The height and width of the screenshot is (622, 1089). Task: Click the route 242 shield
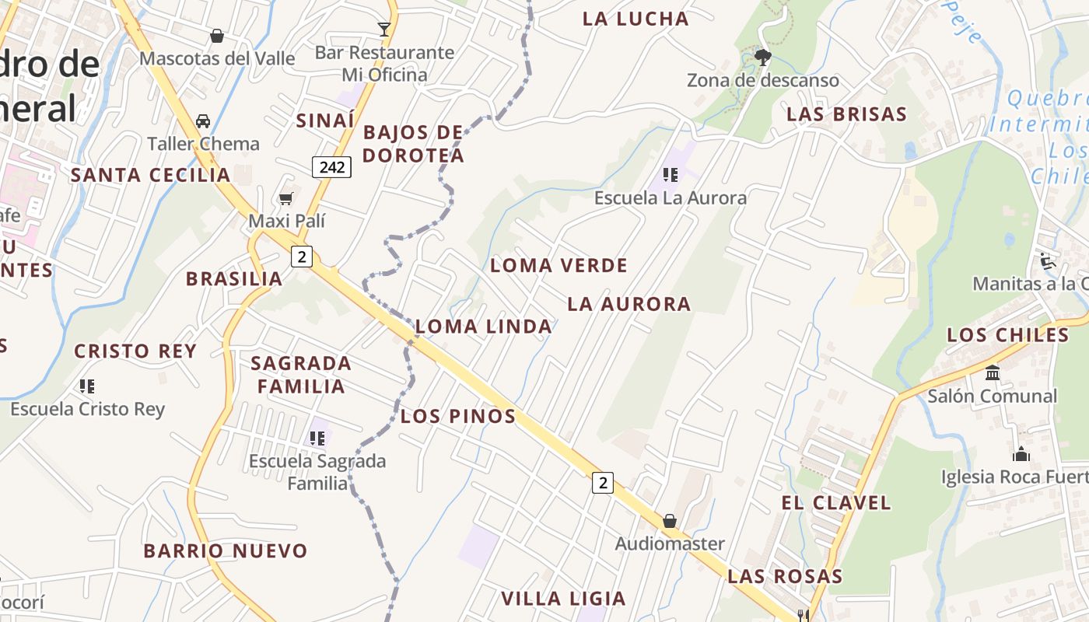click(x=332, y=166)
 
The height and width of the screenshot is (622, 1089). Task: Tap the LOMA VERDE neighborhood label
click(x=559, y=266)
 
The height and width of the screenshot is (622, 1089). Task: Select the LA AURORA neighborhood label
click(x=629, y=304)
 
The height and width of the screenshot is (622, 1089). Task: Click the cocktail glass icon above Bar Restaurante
click(x=384, y=30)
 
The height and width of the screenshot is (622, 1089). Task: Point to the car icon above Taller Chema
click(x=203, y=121)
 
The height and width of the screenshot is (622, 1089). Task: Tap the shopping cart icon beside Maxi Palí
click(x=286, y=199)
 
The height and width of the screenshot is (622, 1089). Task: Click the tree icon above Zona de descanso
click(x=762, y=57)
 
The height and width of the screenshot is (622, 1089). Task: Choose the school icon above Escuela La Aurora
click(x=670, y=175)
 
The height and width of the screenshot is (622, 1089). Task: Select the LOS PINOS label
click(x=458, y=417)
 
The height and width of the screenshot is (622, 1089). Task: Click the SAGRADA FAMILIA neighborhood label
click(x=301, y=375)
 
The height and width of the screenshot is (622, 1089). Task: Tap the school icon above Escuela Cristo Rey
click(x=87, y=386)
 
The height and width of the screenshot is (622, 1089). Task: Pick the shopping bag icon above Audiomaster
click(x=669, y=521)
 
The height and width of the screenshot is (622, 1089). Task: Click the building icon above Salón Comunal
click(x=993, y=373)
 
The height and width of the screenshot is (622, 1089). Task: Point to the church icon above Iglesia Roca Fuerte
click(x=1021, y=453)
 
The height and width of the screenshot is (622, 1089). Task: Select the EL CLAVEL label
click(x=835, y=503)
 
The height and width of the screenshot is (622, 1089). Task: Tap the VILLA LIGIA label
click(x=563, y=599)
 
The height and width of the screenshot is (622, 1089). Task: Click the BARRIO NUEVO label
click(x=226, y=551)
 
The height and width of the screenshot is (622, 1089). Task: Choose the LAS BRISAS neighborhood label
click(x=846, y=114)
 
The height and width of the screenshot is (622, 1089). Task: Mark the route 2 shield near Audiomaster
click(x=602, y=483)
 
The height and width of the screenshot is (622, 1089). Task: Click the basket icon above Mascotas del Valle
click(x=217, y=36)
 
